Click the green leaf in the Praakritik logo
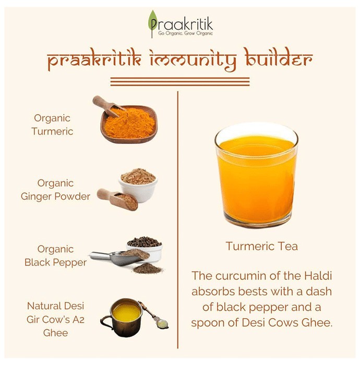[152, 20]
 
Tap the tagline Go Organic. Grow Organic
[185, 33]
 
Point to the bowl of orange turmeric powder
[129, 124]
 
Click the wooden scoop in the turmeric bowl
[108, 106]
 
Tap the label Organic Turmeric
[52, 125]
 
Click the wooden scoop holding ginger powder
[117, 200]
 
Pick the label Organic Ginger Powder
[55, 190]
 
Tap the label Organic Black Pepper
[55, 256]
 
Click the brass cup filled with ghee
[122, 318]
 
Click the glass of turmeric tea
[256, 175]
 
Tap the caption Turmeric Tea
[262, 246]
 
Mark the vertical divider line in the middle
[178, 220]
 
